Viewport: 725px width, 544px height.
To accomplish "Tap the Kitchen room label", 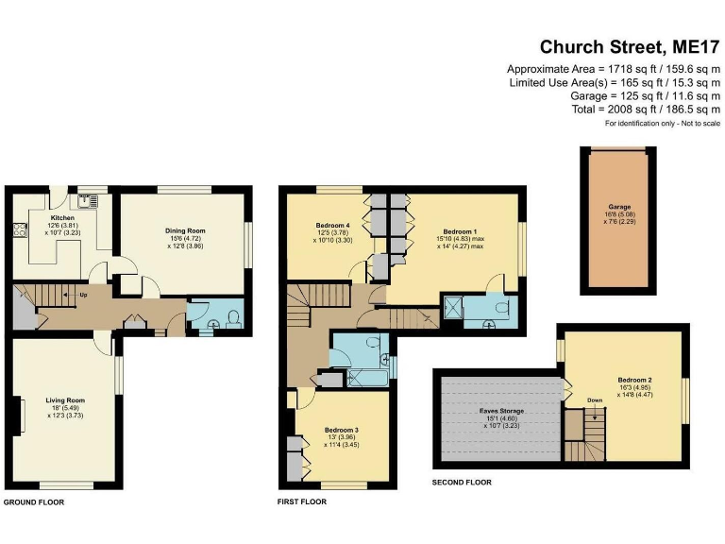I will tap(61, 216).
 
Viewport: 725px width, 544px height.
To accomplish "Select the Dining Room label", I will tap(185, 231).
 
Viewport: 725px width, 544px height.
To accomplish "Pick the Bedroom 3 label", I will tap(341, 430).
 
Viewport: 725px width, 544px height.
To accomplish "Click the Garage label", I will tap(619, 207).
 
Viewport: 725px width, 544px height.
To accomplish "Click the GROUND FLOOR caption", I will tap(33, 502).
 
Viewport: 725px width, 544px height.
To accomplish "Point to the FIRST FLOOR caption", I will tap(302, 502).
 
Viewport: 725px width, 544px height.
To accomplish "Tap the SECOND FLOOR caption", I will tap(462, 483).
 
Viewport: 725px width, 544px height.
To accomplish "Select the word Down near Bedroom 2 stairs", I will tap(595, 399).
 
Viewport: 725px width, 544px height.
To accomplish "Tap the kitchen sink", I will tap(89, 200).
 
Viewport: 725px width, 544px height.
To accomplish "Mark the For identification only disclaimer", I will tap(662, 125).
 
